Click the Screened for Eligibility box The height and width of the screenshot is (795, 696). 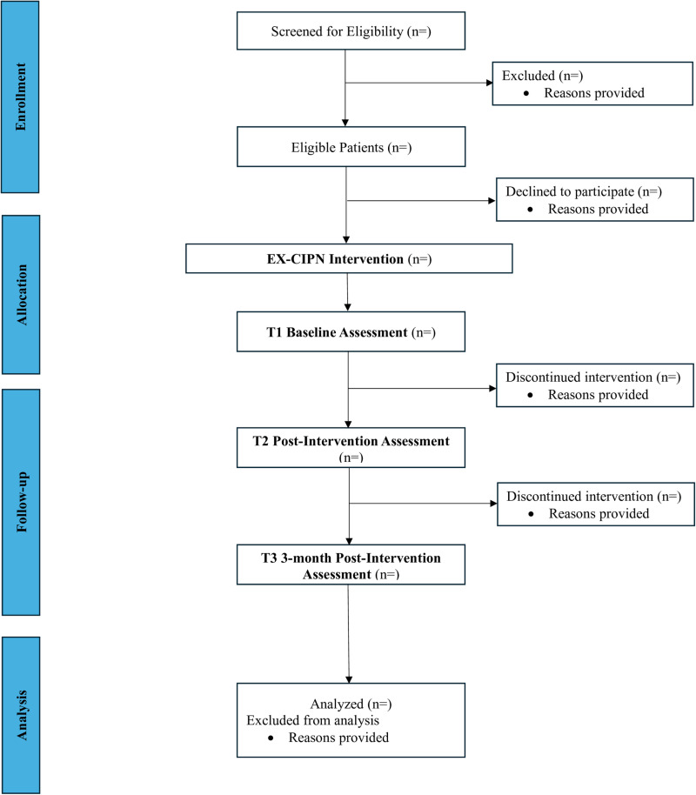(351, 31)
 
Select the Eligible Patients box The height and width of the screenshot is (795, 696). (351, 146)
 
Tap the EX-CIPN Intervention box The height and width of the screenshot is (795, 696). (349, 258)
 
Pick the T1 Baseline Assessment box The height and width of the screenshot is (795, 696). (351, 331)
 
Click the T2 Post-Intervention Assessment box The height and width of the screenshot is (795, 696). (351, 448)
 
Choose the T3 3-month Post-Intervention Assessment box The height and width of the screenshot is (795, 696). (351, 565)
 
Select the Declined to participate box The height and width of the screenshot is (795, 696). (594, 199)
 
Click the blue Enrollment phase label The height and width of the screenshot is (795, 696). (20, 97)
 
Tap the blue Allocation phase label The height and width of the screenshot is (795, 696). (21, 295)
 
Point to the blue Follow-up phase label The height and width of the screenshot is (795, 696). (21, 503)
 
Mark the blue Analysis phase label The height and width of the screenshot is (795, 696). (21, 715)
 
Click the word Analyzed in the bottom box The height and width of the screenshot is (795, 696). (337, 705)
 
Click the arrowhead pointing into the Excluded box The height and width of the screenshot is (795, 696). (490, 83)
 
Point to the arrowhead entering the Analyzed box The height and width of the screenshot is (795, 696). (349, 680)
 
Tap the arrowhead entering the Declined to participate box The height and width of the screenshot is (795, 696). (492, 201)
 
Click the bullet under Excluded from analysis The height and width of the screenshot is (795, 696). (271, 738)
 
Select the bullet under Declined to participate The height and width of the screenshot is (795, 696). (530, 210)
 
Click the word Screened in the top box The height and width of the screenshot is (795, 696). (297, 31)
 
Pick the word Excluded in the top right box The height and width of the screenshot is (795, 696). (528, 76)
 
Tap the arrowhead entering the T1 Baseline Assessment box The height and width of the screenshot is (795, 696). (347, 307)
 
